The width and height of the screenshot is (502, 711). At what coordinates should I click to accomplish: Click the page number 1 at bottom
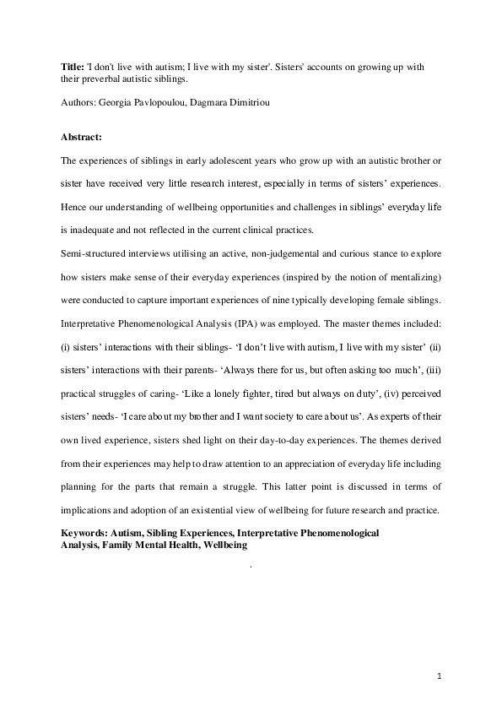click(x=440, y=676)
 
